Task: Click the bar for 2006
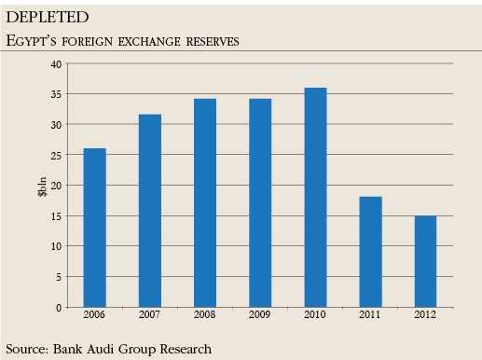coord(94,228)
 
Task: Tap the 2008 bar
coord(205,202)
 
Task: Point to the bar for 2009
coord(260,202)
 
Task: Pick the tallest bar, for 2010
coord(315,197)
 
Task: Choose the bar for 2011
coord(370,252)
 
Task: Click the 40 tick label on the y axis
coord(56,64)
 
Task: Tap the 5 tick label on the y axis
coord(59,277)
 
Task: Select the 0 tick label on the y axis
coord(59,307)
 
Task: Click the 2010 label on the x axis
coord(315,317)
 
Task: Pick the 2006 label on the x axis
coord(94,317)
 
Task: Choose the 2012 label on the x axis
coord(425,317)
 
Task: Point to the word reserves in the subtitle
coord(210,41)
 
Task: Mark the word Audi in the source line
coord(111,348)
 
